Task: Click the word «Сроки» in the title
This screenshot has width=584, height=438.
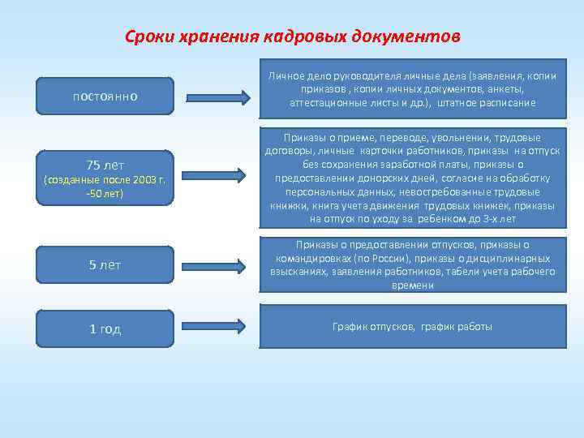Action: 148,37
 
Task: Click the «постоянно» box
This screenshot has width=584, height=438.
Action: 105,97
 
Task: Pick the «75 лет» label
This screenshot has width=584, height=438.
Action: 105,164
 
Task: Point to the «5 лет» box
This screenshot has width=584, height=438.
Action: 105,264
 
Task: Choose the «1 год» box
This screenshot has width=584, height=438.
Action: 105,329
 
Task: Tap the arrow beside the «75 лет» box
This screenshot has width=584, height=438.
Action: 215,174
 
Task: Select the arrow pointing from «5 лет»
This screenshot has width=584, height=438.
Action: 215,264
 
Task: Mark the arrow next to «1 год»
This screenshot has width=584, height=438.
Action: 215,328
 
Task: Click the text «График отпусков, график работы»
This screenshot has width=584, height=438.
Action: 412,327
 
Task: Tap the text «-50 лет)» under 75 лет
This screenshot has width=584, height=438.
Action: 105,194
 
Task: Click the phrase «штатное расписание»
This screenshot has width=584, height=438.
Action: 487,103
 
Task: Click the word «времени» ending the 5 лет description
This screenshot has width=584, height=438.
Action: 412,286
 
